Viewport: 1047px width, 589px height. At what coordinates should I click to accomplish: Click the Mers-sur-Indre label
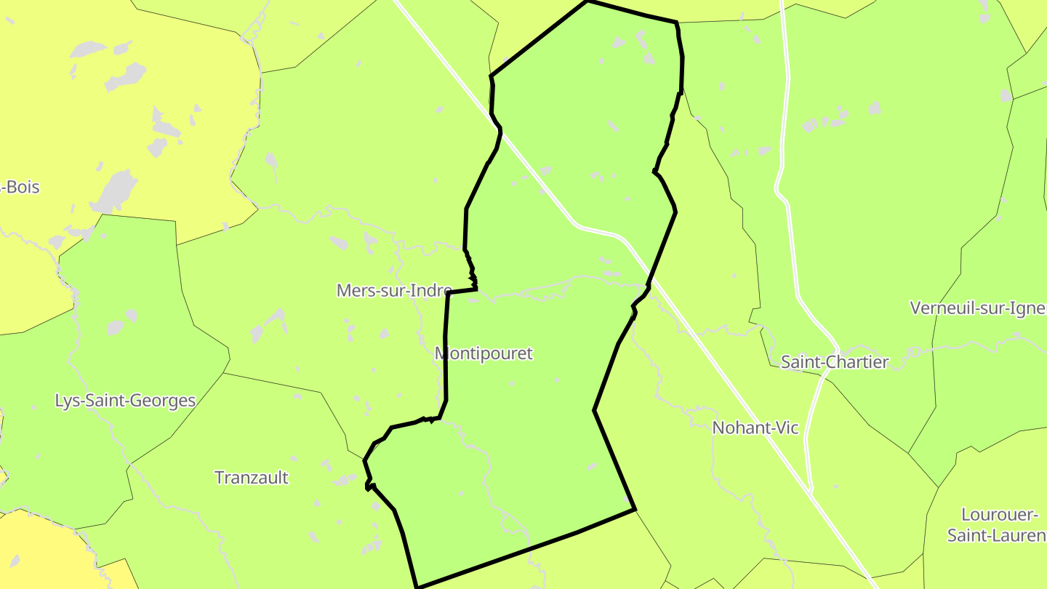point(394,291)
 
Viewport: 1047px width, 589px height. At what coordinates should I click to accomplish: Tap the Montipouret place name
point(484,353)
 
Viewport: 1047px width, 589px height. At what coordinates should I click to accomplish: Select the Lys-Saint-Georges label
point(125,401)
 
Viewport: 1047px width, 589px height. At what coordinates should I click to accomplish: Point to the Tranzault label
point(252,478)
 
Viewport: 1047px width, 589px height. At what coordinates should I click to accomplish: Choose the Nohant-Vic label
point(755,428)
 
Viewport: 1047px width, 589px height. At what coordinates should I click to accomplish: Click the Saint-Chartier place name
point(835,362)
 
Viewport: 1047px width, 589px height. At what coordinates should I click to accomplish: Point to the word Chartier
point(857,362)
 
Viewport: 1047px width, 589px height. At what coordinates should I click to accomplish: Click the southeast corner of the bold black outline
point(635,510)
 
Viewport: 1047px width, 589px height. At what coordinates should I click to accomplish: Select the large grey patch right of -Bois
point(115,191)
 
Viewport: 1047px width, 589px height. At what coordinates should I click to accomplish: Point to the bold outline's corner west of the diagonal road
point(492,76)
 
